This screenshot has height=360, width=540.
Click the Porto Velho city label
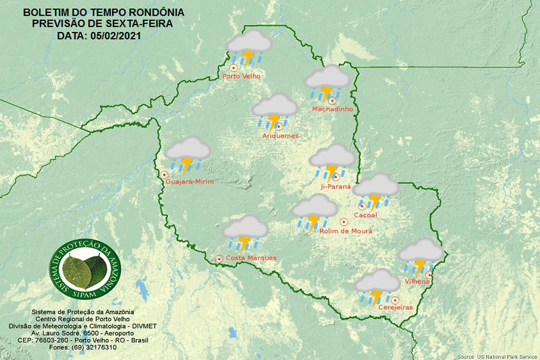point(241,76)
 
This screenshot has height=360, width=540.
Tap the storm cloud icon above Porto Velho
point(248,48)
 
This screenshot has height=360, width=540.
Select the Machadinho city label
point(332,109)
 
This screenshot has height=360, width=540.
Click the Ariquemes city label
point(280,136)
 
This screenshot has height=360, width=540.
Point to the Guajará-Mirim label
point(190,181)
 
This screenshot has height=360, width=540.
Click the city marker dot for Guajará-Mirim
point(165,175)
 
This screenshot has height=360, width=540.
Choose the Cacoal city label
point(365,215)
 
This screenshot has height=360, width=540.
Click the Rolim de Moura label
point(345,231)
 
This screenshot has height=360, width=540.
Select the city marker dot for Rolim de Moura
point(343,222)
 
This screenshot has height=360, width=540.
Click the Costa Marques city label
point(251,258)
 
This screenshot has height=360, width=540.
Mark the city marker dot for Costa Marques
point(219,259)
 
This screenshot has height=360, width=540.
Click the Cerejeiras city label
point(395,308)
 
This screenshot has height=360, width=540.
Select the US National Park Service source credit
point(497,357)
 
